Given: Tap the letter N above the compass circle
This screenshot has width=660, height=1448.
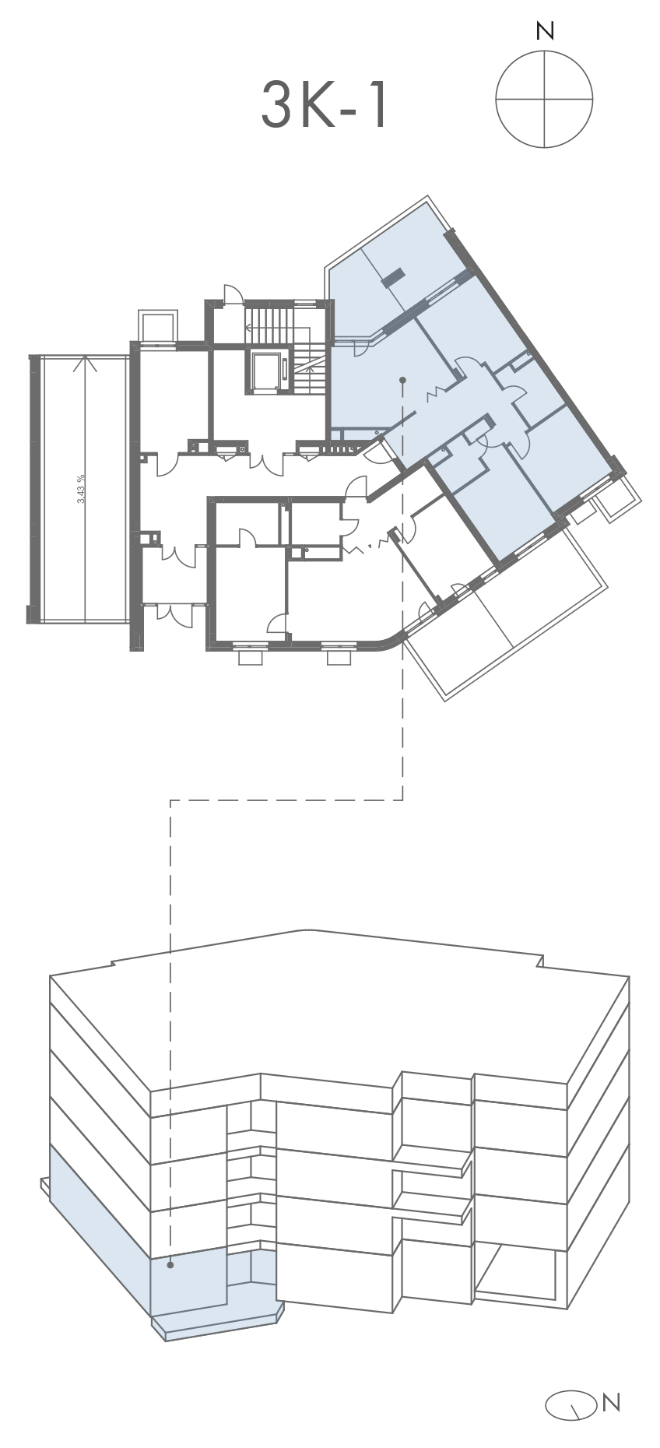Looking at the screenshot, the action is coord(545,32).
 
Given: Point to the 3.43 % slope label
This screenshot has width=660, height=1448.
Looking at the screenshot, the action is coord(82,489).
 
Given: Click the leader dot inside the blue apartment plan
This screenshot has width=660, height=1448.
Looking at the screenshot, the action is coord(402,381).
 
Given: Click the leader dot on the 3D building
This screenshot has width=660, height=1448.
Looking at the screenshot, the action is coord(170,1266).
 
